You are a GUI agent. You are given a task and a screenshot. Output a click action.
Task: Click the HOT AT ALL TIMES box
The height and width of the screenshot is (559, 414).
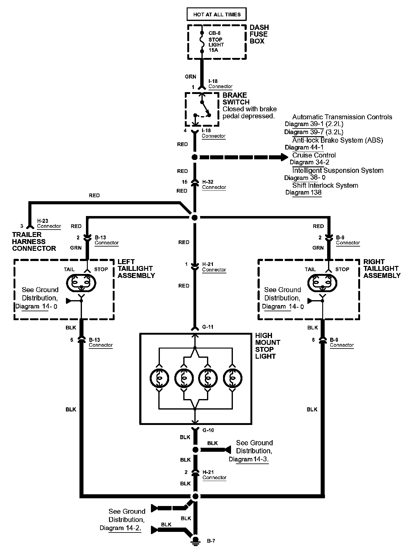pos(217,14)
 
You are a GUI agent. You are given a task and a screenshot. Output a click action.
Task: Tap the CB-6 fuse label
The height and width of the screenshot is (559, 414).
pos(214,33)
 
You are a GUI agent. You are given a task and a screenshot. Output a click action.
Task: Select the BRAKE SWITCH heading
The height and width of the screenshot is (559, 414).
pos(236,99)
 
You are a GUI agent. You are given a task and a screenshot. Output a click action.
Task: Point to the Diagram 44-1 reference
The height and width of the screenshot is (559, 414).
pos(304,147)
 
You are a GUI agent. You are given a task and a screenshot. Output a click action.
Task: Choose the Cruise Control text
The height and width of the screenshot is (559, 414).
pos(314,155)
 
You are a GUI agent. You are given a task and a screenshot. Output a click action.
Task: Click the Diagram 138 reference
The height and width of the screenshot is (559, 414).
pos(303,193)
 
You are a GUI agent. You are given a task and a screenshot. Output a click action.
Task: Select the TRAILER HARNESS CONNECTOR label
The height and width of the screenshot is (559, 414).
pos(34,242)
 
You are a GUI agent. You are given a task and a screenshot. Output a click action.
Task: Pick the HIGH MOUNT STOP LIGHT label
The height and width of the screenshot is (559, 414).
pos(268,346)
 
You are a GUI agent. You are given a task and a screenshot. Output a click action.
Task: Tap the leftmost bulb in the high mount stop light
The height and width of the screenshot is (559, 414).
pos(159,378)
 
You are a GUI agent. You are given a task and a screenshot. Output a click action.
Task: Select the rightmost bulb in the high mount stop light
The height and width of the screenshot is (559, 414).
pos(233,378)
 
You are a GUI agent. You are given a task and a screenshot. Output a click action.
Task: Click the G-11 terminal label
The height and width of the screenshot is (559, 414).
pos(208,327)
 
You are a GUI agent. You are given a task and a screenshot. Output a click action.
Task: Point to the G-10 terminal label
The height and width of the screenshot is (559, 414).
pos(208,430)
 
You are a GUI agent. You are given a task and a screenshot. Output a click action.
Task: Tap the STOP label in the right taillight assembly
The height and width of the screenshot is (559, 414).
pos(342,269)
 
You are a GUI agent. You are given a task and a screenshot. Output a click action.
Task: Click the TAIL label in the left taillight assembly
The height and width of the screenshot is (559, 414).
pos(69,269)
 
